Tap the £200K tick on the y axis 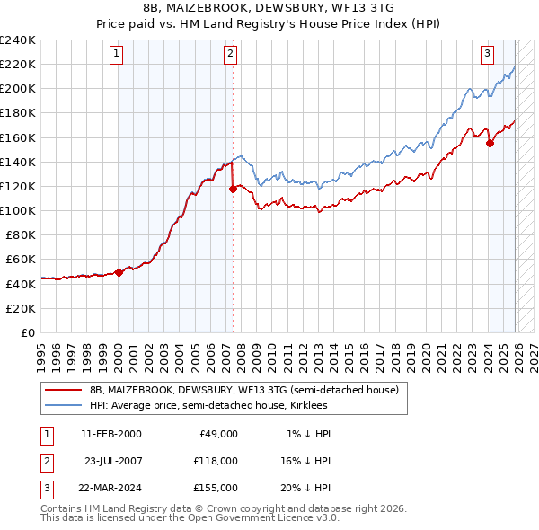tap(17, 89)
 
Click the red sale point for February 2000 tap(119, 272)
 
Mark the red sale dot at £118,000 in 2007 tap(233, 189)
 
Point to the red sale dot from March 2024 tap(490, 143)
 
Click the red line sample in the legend tap(63, 390)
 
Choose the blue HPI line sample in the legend tap(63, 405)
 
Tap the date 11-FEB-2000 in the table tap(110, 434)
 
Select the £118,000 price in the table tap(216, 461)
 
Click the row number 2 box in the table tap(45, 461)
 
